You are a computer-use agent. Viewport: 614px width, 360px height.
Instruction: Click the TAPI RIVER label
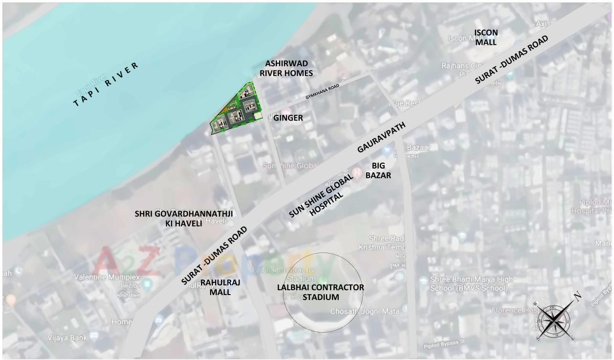tap(106, 85)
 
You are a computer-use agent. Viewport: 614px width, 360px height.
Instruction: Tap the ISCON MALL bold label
tap(486, 38)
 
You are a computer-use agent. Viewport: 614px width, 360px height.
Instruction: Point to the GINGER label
tap(288, 118)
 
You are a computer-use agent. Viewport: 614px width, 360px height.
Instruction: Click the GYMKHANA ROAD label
tap(322, 91)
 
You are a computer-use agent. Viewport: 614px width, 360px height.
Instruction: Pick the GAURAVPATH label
tap(381, 138)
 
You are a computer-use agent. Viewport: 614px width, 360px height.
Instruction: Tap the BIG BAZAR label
tap(378, 170)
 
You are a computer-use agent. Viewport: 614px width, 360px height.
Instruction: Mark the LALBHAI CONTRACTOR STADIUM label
tap(321, 292)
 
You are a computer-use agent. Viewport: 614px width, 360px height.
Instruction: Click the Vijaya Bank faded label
tap(67, 338)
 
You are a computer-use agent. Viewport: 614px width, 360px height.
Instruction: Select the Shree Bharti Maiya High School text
tap(472, 283)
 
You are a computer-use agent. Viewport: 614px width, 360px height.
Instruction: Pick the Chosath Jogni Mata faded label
tap(365, 311)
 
